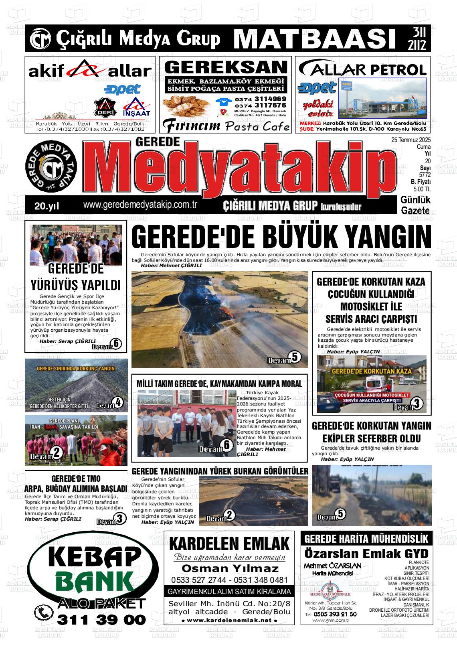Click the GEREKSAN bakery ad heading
(x=226, y=67)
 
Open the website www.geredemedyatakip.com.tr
(x=140, y=205)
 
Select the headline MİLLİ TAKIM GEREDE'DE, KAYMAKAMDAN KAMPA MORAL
(x=219, y=384)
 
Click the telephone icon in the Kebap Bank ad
(x=43, y=613)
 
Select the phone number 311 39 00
(x=102, y=620)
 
